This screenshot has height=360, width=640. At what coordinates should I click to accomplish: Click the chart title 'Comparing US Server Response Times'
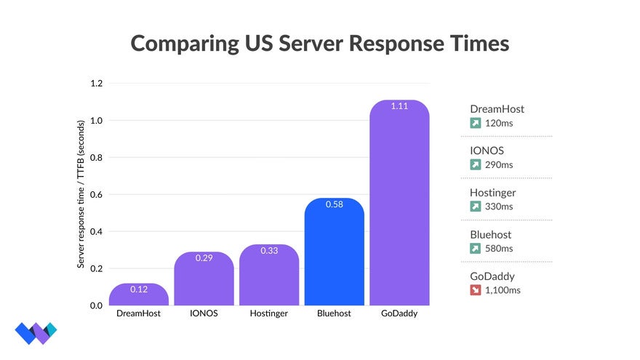click(319, 43)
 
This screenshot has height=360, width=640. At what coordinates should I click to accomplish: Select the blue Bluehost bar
click(334, 255)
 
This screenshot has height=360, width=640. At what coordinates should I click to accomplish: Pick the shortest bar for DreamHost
click(138, 296)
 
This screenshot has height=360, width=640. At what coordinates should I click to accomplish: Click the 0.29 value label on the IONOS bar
click(204, 258)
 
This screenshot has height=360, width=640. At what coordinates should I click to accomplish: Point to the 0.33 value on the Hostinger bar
click(268, 251)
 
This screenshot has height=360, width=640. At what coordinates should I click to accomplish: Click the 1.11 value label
click(399, 106)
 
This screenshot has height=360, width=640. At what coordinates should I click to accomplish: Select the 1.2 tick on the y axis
click(96, 84)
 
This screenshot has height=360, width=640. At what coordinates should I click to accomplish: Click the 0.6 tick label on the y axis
click(96, 195)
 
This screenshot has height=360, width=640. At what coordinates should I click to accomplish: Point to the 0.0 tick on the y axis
click(96, 305)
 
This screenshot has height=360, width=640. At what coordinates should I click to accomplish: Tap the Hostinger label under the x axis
click(268, 314)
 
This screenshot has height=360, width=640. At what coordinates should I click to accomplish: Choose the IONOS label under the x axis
click(204, 314)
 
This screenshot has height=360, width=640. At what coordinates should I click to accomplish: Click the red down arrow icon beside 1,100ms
click(476, 290)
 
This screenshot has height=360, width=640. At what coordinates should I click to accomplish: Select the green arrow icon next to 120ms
click(476, 123)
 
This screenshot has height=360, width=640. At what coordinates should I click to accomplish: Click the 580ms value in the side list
click(499, 249)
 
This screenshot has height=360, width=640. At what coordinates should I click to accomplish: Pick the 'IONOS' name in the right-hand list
click(487, 151)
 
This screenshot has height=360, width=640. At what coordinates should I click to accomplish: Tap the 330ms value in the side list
click(499, 207)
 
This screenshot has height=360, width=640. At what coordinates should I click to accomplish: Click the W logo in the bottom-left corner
click(36, 333)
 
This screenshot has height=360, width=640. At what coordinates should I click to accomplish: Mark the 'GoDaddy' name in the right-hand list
click(492, 276)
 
